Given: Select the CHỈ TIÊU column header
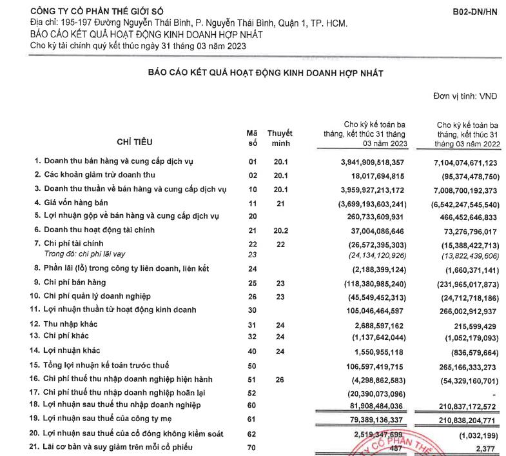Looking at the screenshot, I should (x=135, y=141).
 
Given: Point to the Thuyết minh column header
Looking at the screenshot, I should (x=280, y=137).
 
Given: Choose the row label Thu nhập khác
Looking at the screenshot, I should (x=72, y=324).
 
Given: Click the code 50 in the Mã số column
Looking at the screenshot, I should (x=252, y=366).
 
